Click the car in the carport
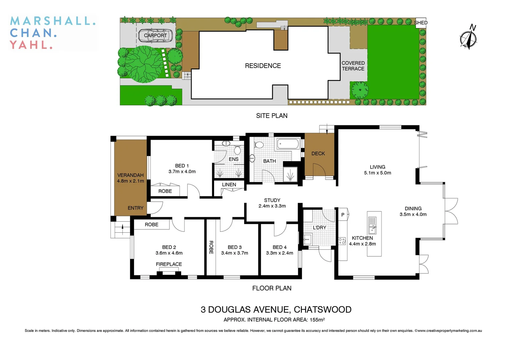click(155, 36)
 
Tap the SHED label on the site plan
click(421, 23)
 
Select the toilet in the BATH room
click(259, 145)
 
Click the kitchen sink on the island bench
click(372, 225)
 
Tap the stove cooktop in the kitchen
click(342, 241)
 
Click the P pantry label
click(343, 215)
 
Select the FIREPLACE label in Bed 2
click(169, 264)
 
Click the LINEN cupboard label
click(229, 185)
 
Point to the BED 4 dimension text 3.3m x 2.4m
click(280, 253)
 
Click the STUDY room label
click(272, 200)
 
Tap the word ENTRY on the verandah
click(135, 208)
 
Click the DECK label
click(318, 154)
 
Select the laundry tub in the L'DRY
click(307, 239)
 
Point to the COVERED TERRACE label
click(353, 66)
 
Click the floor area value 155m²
click(317, 320)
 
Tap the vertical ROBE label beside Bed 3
click(211, 247)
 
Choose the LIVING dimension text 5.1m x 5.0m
click(377, 173)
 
